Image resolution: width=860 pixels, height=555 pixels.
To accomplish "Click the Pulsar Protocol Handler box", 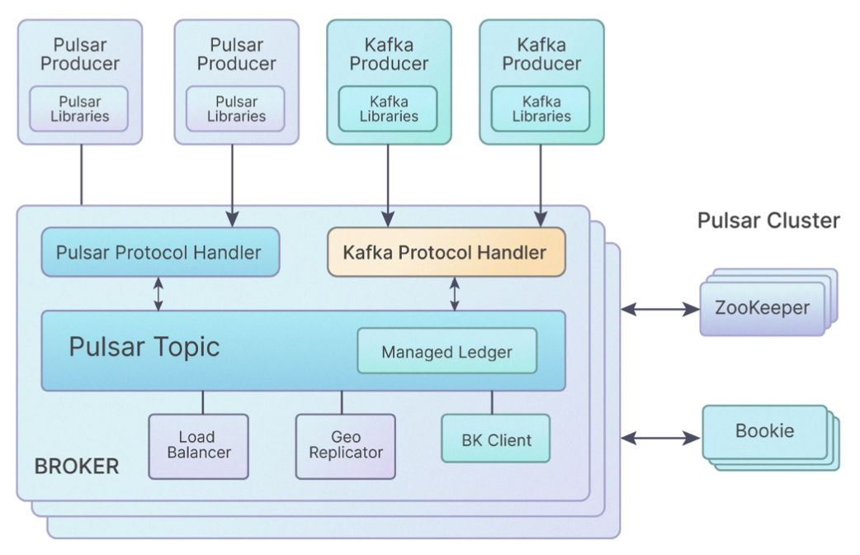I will tap(159, 252).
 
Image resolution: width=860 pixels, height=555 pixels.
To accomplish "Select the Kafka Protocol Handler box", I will tap(446, 252).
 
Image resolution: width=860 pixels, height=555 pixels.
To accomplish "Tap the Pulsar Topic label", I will tap(144, 346).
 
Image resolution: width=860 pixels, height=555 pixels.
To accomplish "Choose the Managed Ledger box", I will tap(447, 352).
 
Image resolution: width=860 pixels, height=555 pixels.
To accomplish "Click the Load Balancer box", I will tap(198, 445).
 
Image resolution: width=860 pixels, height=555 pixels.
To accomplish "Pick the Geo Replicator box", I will tap(345, 445).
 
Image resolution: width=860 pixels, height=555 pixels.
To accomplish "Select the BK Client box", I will tap(495, 439).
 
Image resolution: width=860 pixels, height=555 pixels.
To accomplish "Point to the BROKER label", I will tap(77, 467).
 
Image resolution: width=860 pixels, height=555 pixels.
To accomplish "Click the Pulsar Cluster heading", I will tap(768, 221).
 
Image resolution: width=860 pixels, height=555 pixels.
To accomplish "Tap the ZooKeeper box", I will tap(762, 309).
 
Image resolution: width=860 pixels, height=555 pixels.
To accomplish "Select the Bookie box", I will tap(764, 431).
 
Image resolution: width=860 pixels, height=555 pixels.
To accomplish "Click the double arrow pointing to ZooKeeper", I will tap(659, 309).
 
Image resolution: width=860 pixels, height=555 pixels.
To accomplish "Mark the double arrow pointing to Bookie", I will tap(659, 439).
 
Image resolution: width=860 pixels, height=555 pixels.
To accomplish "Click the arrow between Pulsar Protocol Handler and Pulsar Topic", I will tap(158, 294).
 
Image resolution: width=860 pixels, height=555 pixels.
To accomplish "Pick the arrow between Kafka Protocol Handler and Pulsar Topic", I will tap(454, 294).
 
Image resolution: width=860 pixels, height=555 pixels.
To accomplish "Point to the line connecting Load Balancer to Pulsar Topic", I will tap(202, 402).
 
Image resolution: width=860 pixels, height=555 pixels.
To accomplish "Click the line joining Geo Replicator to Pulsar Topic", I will tap(342, 402).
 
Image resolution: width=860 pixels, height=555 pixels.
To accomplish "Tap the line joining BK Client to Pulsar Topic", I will tap(493, 402).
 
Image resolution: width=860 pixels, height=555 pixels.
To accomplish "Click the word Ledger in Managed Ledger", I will tap(485, 353).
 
